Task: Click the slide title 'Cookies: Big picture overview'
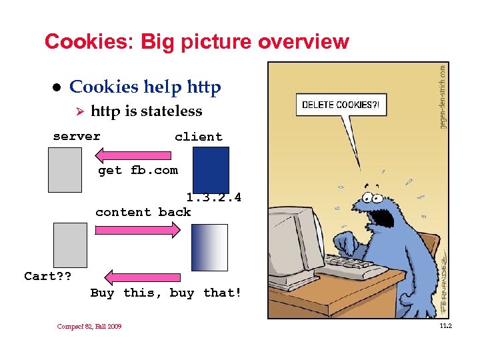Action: pos(197,42)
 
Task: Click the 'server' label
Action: pos(77,137)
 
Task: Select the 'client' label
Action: pos(198,137)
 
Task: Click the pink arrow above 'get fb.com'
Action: pos(136,155)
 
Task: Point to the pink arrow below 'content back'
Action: pos(137,230)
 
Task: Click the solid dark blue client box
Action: pos(211,169)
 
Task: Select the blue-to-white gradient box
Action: pos(209,247)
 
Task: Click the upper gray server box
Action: pos(65,169)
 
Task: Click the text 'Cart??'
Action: pos(48,276)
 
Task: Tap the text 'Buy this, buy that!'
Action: pos(166,293)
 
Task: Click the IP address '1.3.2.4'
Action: pos(213,198)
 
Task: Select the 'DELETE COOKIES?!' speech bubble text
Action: pos(340,105)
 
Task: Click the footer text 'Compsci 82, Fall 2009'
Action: pos(89,327)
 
